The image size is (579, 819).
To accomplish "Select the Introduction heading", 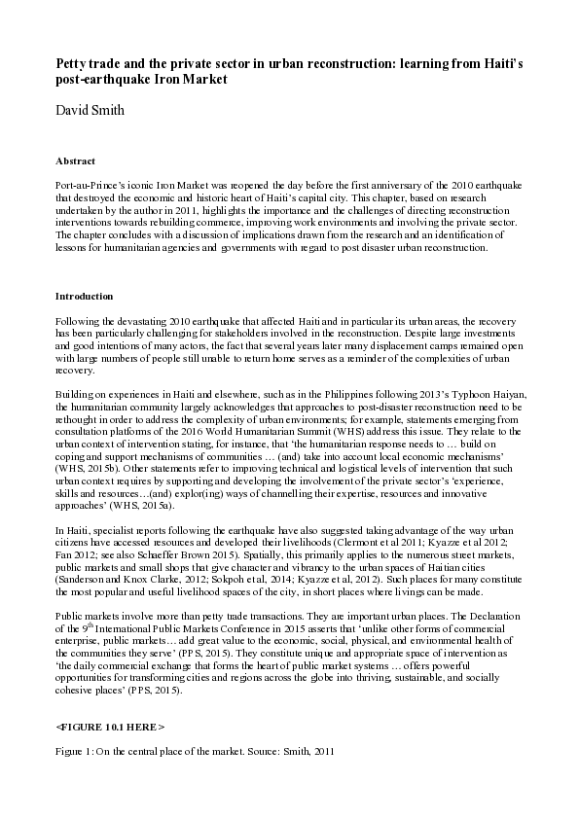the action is [84, 296].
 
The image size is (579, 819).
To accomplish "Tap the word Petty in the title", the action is [71, 63].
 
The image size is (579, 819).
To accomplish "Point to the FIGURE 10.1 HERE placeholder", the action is [110, 727].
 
